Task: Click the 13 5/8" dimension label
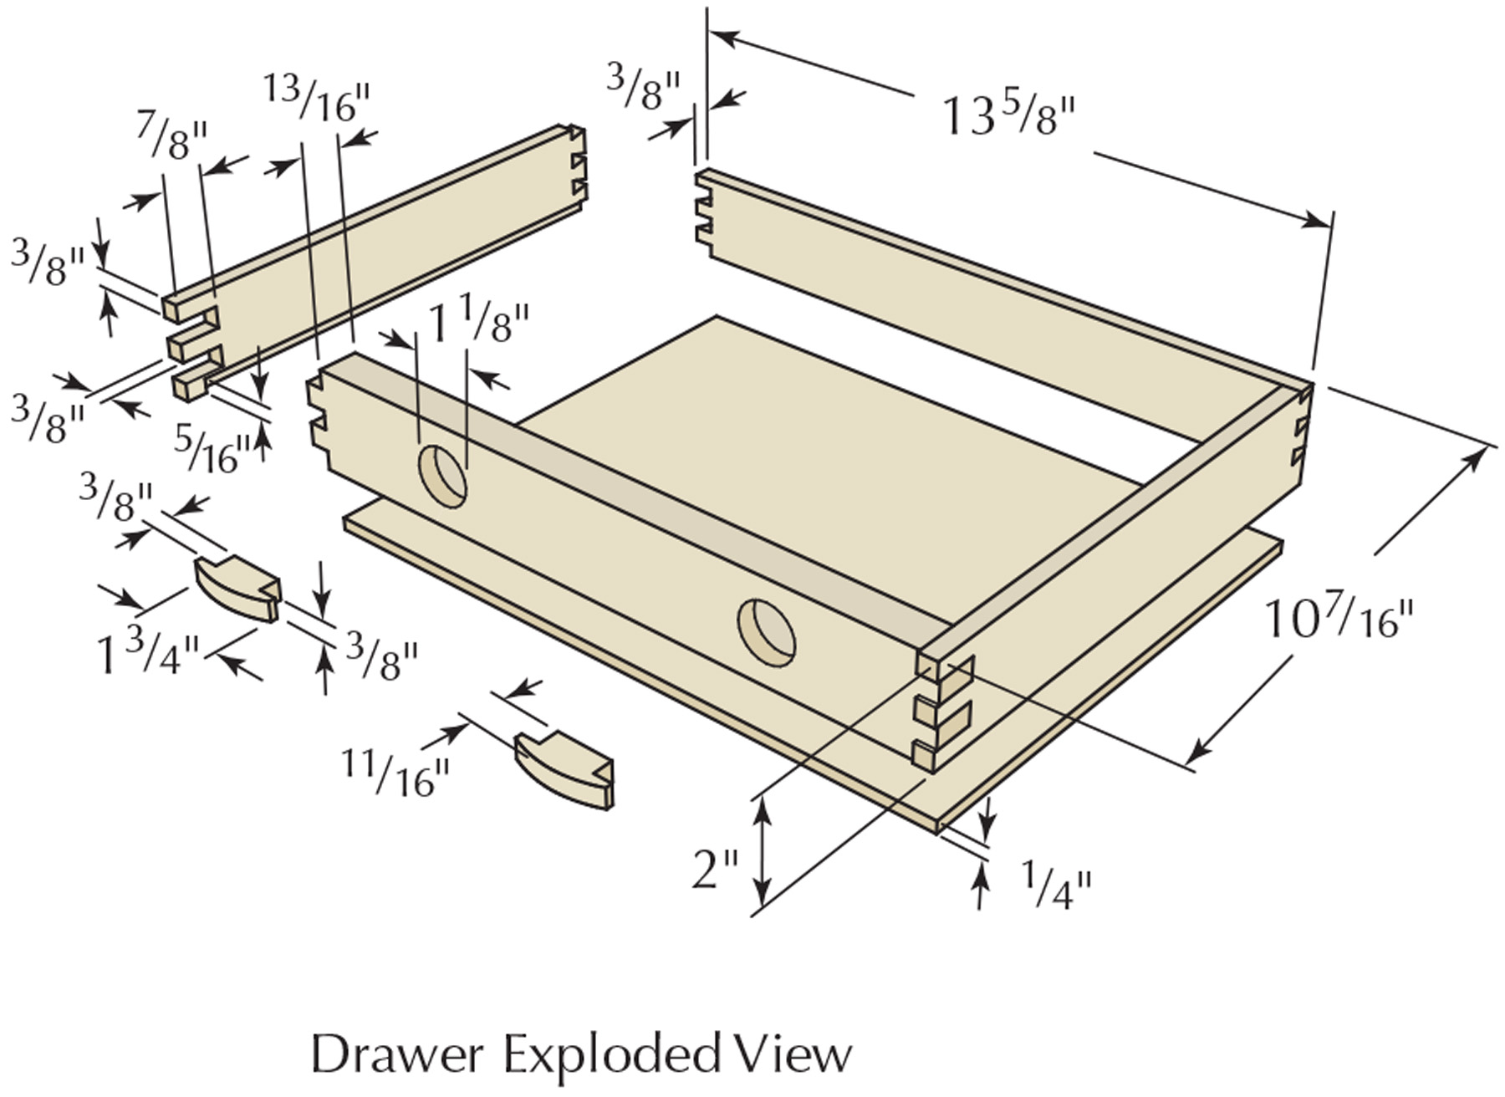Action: coord(1008,117)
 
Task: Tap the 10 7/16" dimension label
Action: coord(1339,619)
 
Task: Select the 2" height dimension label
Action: coord(715,870)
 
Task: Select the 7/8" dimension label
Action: coord(171,138)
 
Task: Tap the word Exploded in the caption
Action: coord(610,1055)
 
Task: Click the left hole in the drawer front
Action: coord(442,476)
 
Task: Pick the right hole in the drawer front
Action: coord(766,632)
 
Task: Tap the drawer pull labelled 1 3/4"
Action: coord(237,588)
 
